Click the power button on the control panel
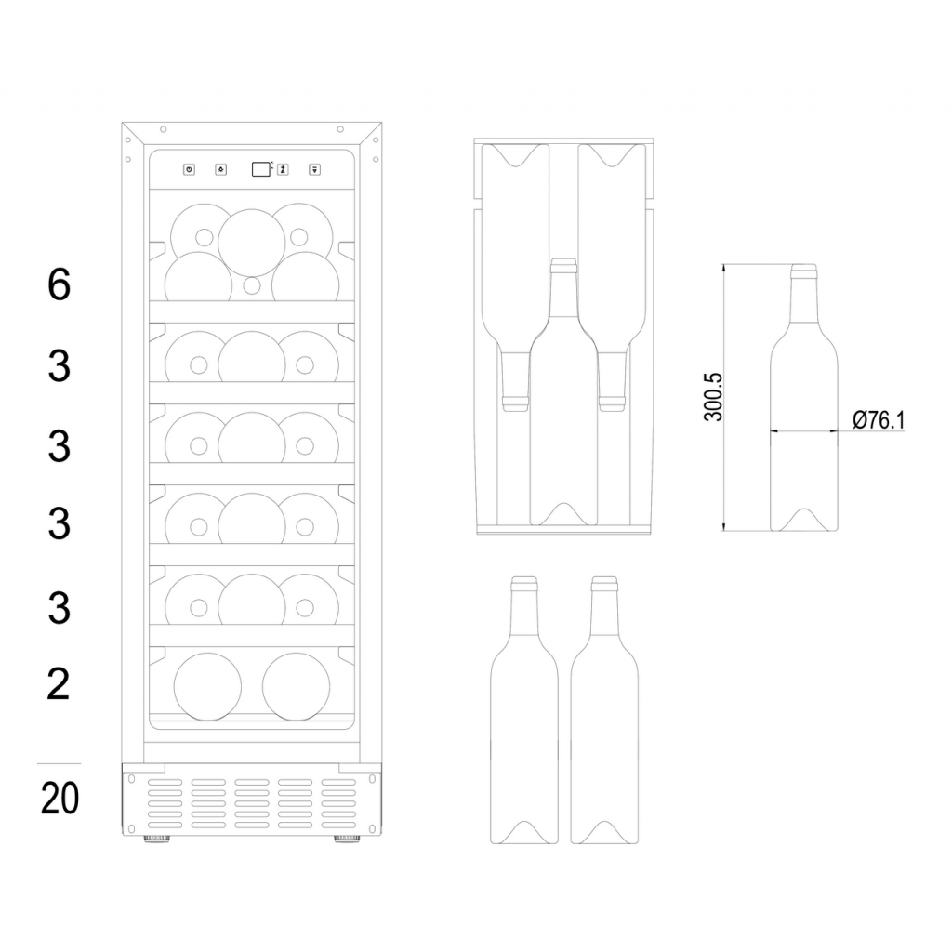point(189,169)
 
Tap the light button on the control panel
point(221,169)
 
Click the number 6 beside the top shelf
point(59,284)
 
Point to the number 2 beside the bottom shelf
point(59,685)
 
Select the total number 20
point(59,799)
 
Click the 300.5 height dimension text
point(713,395)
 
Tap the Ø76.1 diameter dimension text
point(879,420)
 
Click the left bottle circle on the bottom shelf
point(207,687)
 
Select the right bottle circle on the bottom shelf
point(296,687)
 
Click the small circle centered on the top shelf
point(252,285)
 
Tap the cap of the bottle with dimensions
point(804,271)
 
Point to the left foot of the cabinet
point(156,838)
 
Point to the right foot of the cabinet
point(347,838)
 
